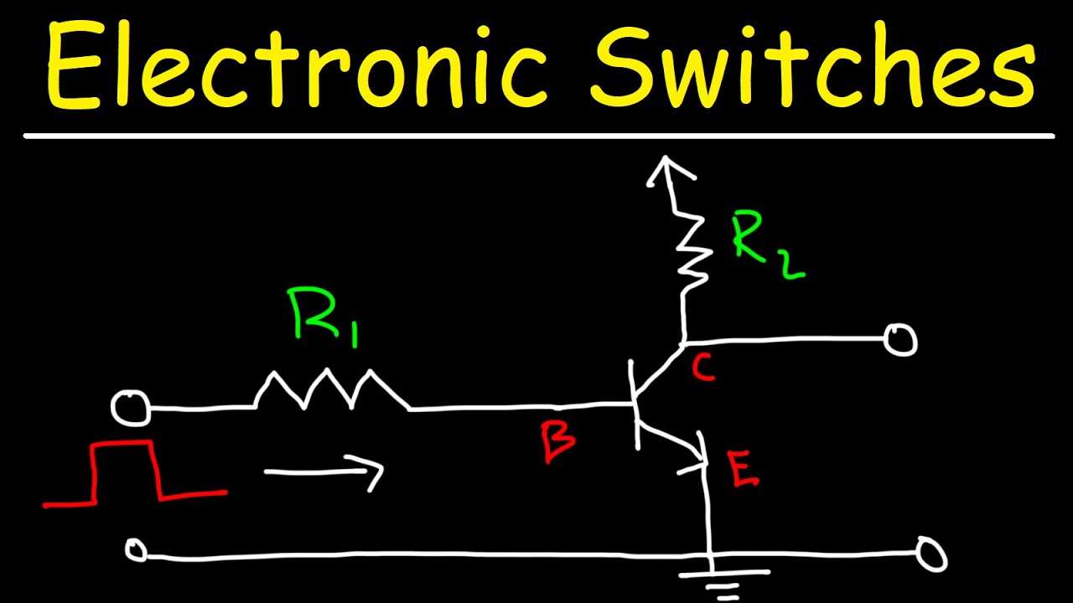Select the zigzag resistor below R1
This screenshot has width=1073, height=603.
(x=333, y=392)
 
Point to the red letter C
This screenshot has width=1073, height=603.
(x=704, y=368)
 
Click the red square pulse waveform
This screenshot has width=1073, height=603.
(x=126, y=474)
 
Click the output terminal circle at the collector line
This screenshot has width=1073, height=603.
(x=901, y=340)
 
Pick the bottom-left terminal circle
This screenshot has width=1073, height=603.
(x=135, y=550)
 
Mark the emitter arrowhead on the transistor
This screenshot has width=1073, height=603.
(x=697, y=458)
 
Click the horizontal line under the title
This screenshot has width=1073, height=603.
(x=536, y=136)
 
